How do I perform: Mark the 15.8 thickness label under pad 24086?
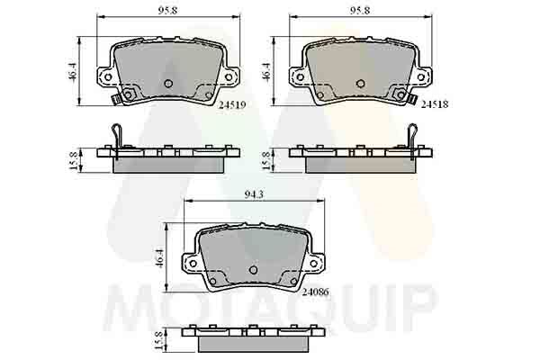[x=158, y=339]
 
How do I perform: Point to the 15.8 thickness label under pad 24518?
[x=266, y=160]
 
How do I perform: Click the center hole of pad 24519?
[x=167, y=84]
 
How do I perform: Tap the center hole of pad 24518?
[x=359, y=84]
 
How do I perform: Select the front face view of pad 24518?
[x=359, y=67]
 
